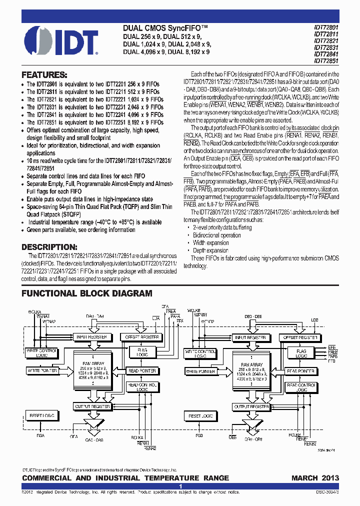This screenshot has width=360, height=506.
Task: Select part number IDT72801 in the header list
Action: coord(326,28)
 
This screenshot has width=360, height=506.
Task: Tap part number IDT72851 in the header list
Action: coord(326,60)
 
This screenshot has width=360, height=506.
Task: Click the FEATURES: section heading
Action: coord(44,74)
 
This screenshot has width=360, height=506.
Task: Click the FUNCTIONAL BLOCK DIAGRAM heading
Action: coord(87,293)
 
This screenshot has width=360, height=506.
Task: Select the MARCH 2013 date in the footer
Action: coord(315,478)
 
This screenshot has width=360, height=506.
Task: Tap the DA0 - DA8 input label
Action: coord(94,316)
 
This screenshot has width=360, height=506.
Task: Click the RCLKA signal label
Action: coord(138,437)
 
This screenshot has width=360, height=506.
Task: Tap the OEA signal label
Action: coord(74,436)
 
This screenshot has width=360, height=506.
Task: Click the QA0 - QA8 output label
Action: coord(93,439)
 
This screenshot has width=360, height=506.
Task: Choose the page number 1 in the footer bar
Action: coord(180,486)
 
